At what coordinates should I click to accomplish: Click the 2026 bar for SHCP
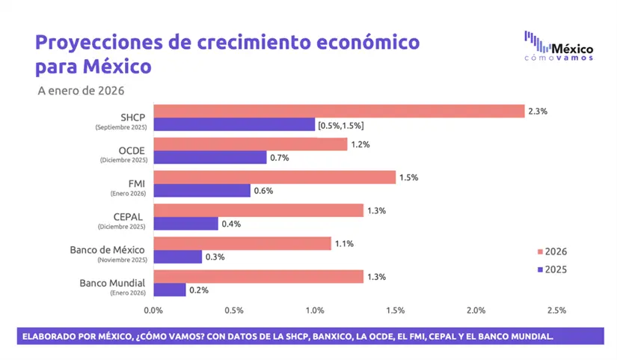tap(339, 111)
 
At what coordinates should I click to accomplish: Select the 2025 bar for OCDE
tap(210, 157)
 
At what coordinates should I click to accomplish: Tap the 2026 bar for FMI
tap(274, 177)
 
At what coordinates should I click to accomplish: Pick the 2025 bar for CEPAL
tap(185, 224)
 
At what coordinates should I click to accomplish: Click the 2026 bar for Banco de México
tap(242, 243)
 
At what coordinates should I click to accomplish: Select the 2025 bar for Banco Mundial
tap(170, 290)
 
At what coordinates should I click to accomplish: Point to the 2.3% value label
tap(538, 111)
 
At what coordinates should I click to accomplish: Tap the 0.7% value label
tap(279, 158)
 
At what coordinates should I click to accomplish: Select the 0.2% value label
tap(198, 290)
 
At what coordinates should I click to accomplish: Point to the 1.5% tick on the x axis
tap(395, 310)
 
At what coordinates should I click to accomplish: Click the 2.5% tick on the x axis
tap(556, 310)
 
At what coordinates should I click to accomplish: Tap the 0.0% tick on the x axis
tap(153, 310)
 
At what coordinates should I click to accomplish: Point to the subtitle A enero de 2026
tap(80, 91)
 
